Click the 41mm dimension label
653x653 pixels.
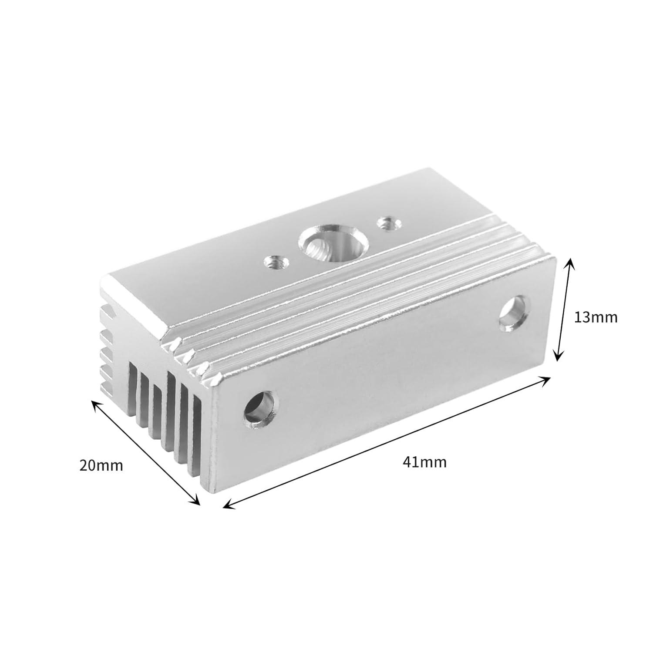(424, 462)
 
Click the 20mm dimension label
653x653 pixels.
(101, 465)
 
